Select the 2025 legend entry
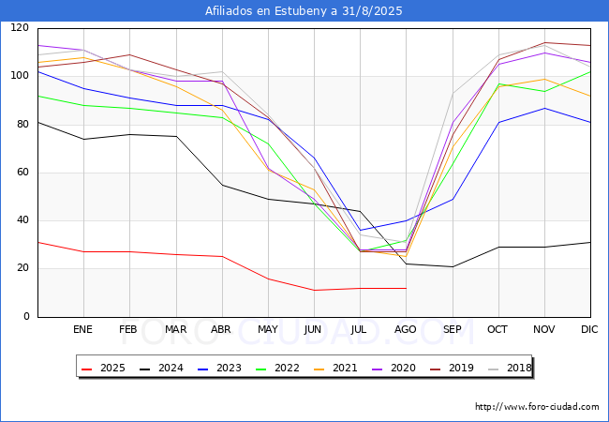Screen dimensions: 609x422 tap(103, 368)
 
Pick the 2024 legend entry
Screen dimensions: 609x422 tap(161, 368)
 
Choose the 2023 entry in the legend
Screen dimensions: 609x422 tap(219, 368)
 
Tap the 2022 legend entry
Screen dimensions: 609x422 tap(277, 368)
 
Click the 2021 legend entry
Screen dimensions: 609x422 tap(335, 368)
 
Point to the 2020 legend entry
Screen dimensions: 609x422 tap(394, 368)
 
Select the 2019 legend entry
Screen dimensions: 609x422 tap(452, 368)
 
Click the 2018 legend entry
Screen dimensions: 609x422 tap(510, 368)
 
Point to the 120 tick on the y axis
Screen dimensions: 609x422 tap(20, 27)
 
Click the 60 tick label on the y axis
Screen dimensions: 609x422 tap(22, 173)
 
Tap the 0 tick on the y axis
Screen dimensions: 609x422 tap(26, 317)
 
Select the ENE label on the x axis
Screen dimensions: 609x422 tap(82, 329)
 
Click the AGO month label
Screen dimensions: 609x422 tap(406, 329)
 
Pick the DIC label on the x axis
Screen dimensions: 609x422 tap(589, 329)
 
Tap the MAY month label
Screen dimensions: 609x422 tap(268, 329)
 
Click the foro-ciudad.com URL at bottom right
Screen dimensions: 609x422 tap(537, 407)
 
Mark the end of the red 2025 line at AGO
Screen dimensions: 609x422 tap(407, 288)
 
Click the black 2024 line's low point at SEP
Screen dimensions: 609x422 tap(453, 266)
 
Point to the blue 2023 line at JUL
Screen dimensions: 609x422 tap(361, 230)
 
